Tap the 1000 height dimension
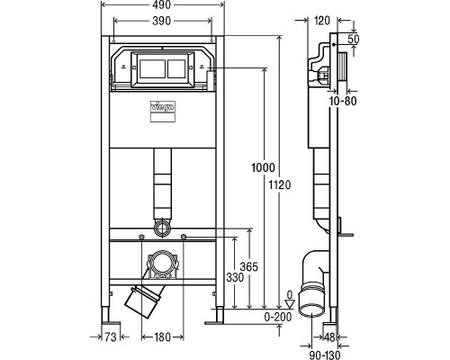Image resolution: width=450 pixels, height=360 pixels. (261, 168)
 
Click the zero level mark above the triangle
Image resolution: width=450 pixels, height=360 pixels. (288, 293)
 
